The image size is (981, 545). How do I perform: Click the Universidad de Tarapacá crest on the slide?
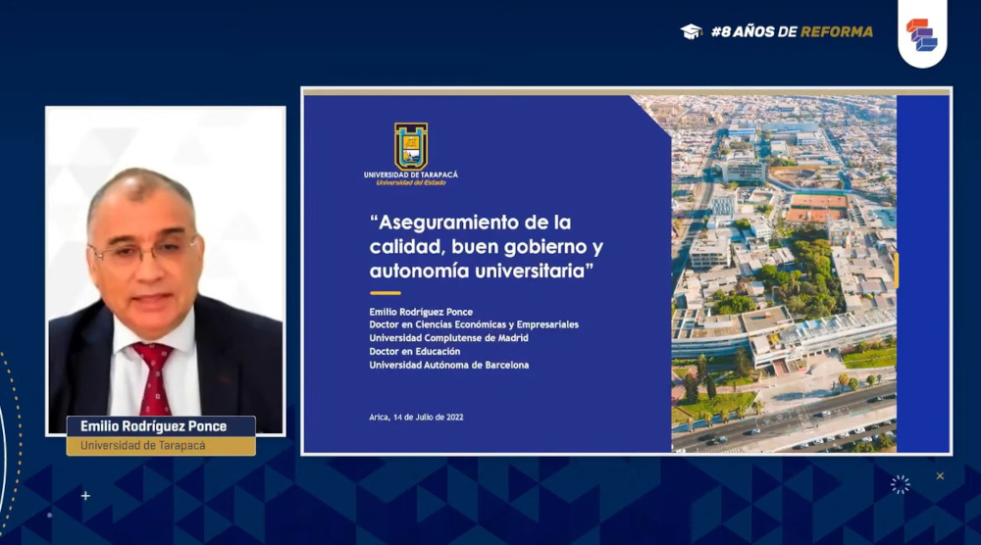[x=410, y=146]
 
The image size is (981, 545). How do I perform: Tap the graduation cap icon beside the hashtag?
[x=692, y=31]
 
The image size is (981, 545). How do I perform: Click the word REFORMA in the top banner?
[x=837, y=31]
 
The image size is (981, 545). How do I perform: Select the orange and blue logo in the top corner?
[x=922, y=35]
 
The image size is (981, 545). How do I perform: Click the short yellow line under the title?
[x=385, y=292]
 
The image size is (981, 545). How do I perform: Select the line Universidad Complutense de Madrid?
[x=448, y=338]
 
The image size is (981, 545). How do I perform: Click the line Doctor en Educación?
[x=414, y=351]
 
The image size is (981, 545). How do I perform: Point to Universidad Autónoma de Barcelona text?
[x=448, y=365]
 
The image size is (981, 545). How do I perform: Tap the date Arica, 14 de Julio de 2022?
[x=416, y=417]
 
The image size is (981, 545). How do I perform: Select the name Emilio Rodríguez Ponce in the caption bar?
[x=153, y=426]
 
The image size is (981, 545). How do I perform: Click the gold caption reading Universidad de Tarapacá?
[x=142, y=446]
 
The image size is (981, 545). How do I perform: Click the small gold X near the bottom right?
[x=940, y=476]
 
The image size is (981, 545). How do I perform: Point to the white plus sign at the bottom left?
[x=85, y=496]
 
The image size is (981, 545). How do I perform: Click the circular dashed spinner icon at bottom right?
[x=901, y=484]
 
